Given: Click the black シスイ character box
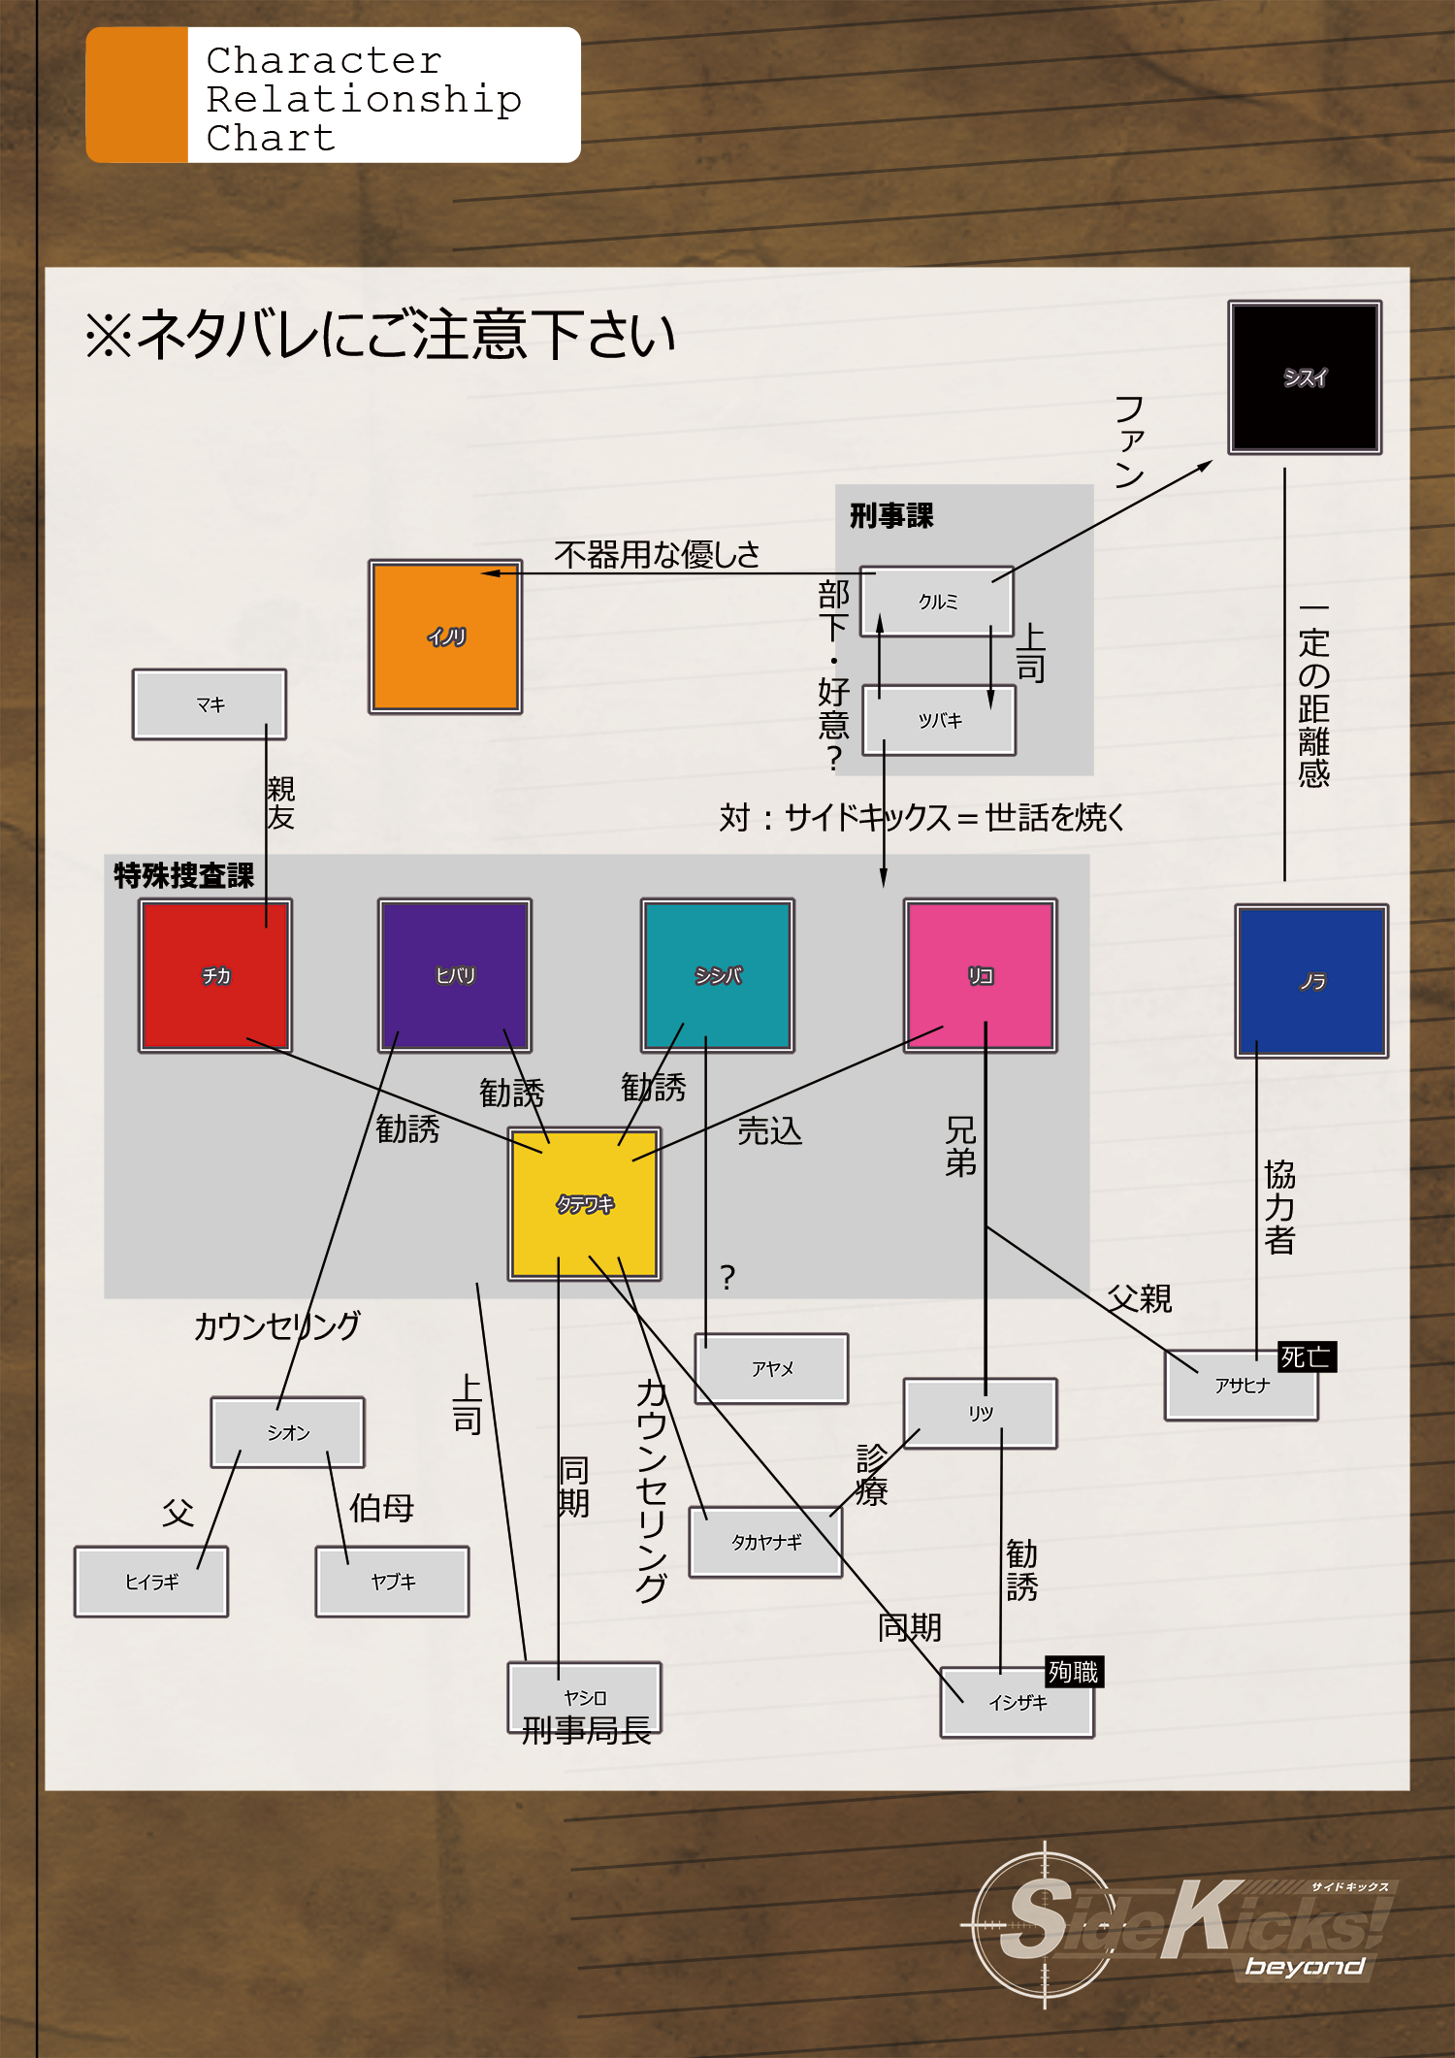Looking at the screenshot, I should coord(1305,377).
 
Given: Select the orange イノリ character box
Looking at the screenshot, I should coord(445,637).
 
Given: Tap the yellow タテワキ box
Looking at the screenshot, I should coord(584,1203).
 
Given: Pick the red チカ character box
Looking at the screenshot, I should coord(215,975).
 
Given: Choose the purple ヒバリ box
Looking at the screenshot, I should coord(454,975).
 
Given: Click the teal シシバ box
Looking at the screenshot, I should coord(717,975).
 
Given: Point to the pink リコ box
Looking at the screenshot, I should coord(980,975).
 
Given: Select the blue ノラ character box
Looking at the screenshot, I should coord(1311,981).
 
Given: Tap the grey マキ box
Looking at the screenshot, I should coord(210,704).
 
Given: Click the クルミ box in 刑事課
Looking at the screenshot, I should coord(937,602).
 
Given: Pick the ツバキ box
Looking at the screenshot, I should coord(939,720).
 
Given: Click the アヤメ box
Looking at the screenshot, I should coord(771,1368).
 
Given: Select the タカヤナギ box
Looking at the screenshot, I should coord(765,1542).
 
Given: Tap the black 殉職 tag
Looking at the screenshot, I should coord(1073,1672).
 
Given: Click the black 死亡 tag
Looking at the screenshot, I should coord(1306,1356).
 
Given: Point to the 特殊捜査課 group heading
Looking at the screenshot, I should coord(183,875).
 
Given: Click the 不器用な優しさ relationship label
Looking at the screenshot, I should coord(657,554).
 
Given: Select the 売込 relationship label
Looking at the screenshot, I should coord(769,1130).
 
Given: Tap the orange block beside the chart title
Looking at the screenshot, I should coord(137,95).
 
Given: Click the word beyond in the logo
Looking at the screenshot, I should coord(1304,1967).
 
